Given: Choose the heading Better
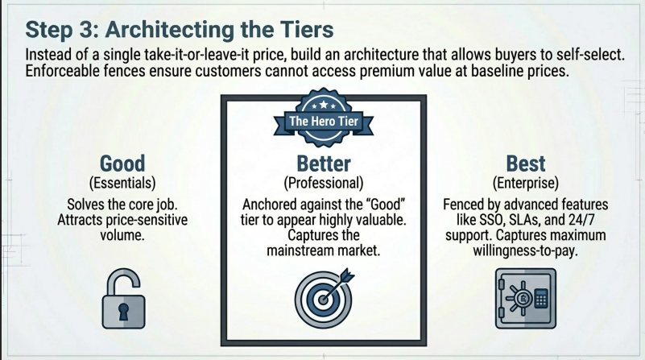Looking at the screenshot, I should (323, 163).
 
